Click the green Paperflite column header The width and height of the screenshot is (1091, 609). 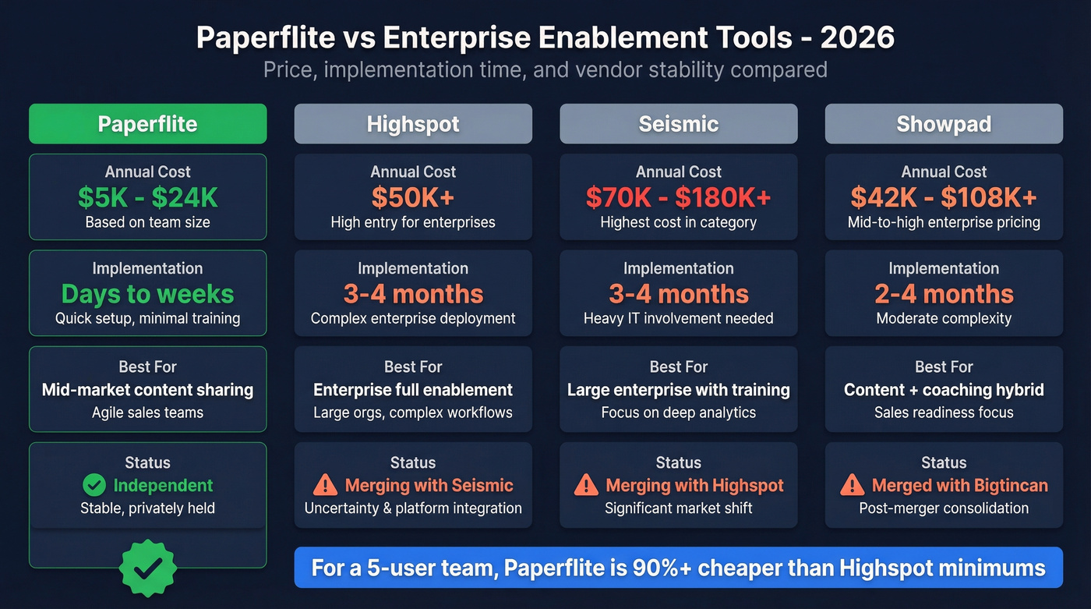[147, 124]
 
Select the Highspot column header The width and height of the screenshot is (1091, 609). [413, 124]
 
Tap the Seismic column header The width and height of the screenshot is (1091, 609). [678, 124]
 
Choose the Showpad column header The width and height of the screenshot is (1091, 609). [944, 124]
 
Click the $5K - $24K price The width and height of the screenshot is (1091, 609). [147, 197]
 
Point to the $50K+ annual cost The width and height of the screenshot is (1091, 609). [413, 197]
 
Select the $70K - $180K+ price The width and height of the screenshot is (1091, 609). [678, 197]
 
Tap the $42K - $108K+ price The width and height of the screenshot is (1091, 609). [944, 197]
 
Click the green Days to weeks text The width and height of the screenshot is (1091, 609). [147, 294]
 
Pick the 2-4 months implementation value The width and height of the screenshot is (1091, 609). [944, 294]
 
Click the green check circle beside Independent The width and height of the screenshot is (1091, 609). [94, 486]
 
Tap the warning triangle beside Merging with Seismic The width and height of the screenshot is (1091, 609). [325, 486]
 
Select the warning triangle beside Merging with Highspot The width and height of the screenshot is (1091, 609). [586, 486]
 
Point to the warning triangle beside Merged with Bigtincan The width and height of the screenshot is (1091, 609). [853, 486]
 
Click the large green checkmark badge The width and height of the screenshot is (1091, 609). [148, 568]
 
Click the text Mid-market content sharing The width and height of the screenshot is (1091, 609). [147, 390]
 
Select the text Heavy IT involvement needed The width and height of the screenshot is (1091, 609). [678, 318]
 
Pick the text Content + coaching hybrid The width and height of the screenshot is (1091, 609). [944, 390]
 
